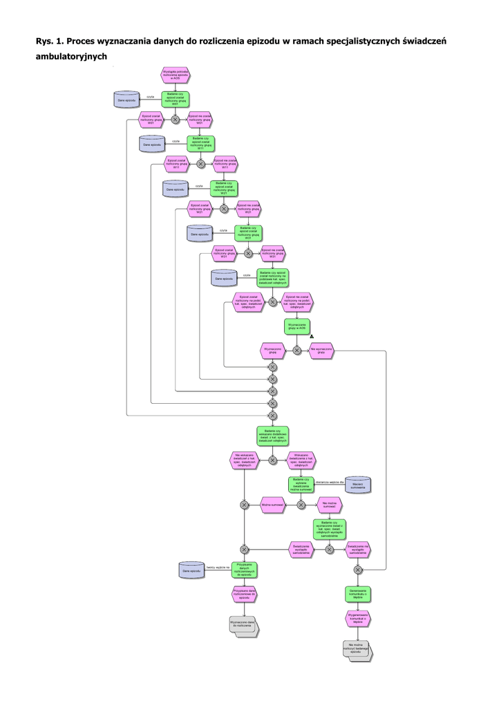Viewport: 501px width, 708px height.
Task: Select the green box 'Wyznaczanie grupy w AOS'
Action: point(297,326)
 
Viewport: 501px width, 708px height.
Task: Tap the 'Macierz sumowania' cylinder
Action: point(358,485)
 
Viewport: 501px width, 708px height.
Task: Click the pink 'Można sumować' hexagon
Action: point(274,505)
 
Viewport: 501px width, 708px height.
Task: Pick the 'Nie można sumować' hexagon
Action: point(330,505)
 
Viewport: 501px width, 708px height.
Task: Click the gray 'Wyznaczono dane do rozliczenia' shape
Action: point(243,624)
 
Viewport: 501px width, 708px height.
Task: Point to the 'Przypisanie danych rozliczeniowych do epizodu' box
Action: point(244,570)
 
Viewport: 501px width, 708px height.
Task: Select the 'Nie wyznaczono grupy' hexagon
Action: point(322,350)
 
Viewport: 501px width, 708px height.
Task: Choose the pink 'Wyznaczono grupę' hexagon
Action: point(272,350)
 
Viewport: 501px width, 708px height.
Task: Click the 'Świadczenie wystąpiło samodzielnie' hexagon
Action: point(301,549)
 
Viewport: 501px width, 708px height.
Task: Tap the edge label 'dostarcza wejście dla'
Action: point(330,481)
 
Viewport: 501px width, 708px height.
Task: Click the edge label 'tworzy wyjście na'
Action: point(217,567)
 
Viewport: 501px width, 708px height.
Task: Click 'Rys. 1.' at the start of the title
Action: point(49,41)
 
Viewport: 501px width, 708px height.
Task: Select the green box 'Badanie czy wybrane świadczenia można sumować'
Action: point(301,485)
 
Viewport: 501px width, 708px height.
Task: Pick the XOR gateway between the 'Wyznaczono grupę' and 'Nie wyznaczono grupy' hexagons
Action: point(297,351)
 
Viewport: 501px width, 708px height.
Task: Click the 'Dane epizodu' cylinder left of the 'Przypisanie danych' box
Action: point(191,571)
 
